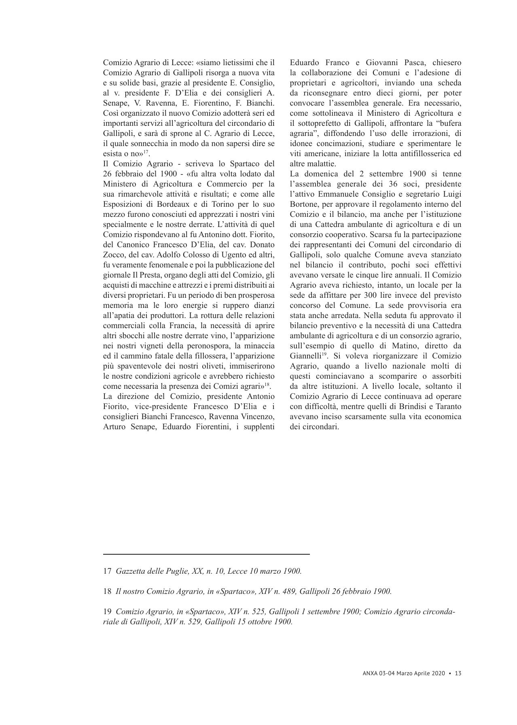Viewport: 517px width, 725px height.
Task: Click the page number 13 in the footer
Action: tap(458, 674)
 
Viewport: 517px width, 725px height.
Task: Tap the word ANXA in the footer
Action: tap(370, 674)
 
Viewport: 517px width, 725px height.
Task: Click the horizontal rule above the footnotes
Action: tap(206, 554)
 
